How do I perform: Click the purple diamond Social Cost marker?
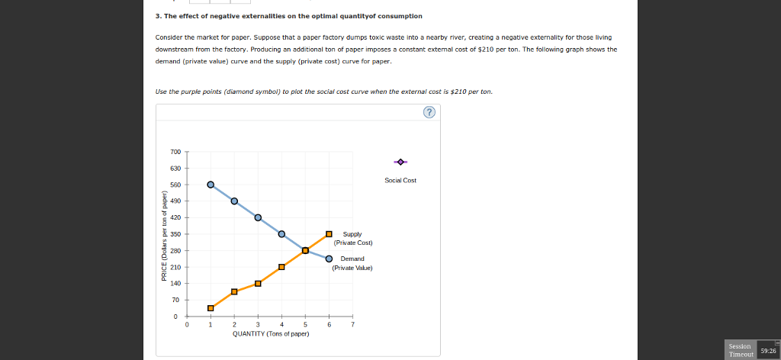(400, 162)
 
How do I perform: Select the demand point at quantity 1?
(211, 185)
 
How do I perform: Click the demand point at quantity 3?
(258, 217)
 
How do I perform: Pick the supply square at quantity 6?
(329, 234)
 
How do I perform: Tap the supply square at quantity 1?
(211, 308)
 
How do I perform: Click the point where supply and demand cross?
(305, 250)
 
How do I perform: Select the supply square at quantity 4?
(281, 267)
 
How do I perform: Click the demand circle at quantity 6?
(329, 259)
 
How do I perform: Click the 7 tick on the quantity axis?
(352, 325)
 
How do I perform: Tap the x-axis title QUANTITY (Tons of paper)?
(270, 334)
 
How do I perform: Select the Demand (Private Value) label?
(352, 263)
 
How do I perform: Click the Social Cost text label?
(400, 180)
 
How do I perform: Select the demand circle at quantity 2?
(234, 201)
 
